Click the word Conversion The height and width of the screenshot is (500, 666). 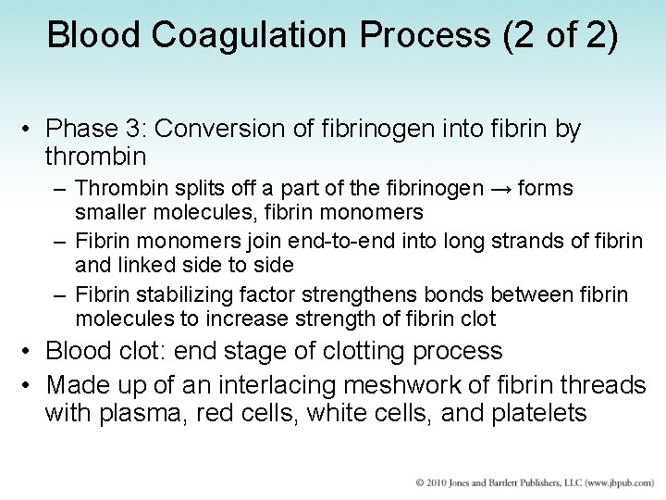coord(254,130)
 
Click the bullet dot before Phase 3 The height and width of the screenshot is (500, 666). coord(29,131)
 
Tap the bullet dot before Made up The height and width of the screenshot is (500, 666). coord(29,383)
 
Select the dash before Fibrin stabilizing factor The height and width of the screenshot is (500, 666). coord(59,295)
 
